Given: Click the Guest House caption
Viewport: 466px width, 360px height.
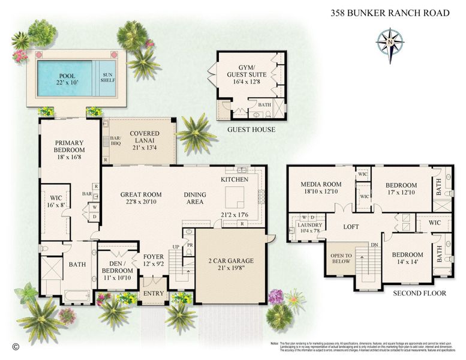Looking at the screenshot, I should tap(251, 130).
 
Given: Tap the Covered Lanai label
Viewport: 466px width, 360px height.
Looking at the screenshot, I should tap(145, 142).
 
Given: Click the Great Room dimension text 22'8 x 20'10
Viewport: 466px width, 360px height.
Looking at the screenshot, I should tap(141, 202).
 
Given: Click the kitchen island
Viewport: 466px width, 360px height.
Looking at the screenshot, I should tap(235, 196).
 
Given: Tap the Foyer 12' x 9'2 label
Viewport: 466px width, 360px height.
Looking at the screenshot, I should tap(154, 260).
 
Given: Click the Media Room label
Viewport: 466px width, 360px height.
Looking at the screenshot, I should tap(321, 188).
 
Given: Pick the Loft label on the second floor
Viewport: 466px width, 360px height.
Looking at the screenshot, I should tap(351, 227).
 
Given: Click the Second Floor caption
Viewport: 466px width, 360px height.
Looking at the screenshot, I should tap(420, 293).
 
